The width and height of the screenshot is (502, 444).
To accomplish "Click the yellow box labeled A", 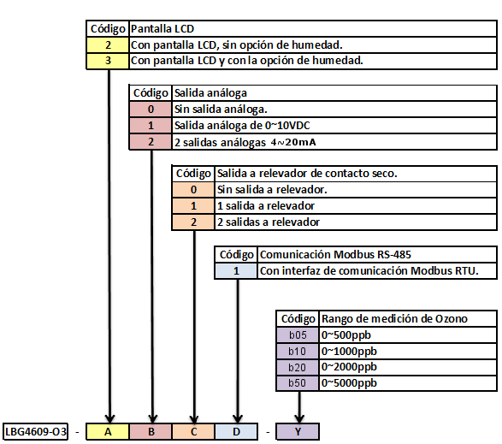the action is [x=108, y=431].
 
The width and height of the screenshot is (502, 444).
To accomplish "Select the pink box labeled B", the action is [x=151, y=431].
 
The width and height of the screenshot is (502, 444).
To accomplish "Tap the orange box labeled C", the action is [x=193, y=431].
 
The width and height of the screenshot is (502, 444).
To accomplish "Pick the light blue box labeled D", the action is [x=236, y=431].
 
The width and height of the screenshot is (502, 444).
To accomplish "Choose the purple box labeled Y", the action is [x=298, y=431].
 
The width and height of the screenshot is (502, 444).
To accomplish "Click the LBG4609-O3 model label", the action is [x=35, y=431].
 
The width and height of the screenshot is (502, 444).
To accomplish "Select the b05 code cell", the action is [x=298, y=335].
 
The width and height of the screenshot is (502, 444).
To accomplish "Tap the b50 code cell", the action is [x=298, y=383].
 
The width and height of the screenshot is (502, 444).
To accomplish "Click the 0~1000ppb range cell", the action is [x=408, y=352].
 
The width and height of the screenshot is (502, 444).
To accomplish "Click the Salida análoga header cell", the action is [x=334, y=93].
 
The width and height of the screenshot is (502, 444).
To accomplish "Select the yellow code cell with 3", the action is [x=108, y=61].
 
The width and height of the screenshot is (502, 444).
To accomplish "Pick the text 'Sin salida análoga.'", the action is [x=221, y=110].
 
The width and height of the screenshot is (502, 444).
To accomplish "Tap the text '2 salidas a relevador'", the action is [x=269, y=222].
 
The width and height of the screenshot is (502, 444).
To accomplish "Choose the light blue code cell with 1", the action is [x=236, y=271].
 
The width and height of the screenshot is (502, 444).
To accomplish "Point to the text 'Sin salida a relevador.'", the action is [x=272, y=190].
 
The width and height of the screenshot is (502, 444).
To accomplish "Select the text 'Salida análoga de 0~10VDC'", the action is [x=242, y=125].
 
